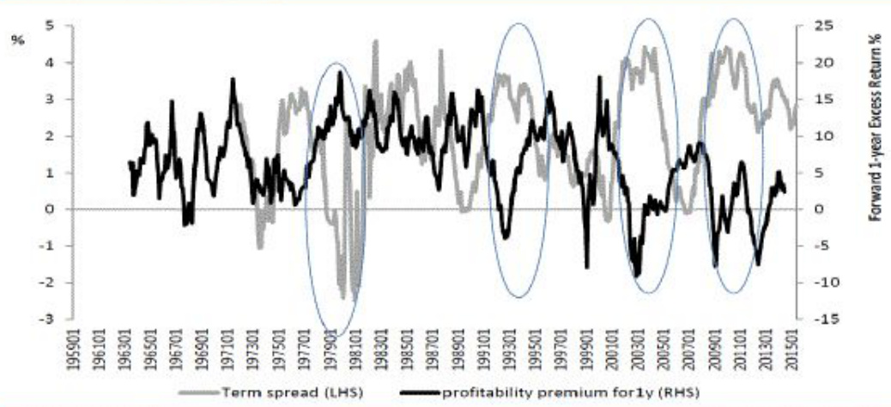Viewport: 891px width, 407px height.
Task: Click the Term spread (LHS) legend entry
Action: point(275,392)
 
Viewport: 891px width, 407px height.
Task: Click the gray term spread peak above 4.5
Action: point(375,41)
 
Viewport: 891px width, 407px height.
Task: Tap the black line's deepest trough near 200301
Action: point(637,275)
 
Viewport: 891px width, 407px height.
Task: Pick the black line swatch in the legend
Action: point(416,392)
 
